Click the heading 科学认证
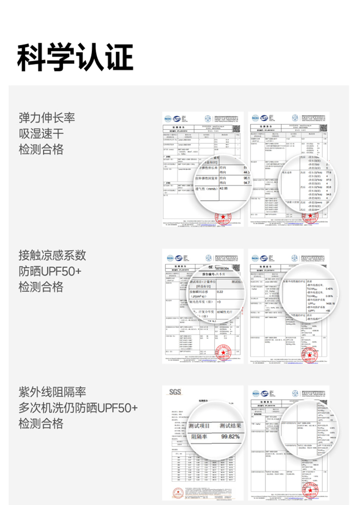point(75,58)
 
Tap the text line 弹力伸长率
point(47,118)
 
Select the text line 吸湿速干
point(41,133)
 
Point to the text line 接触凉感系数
point(52,255)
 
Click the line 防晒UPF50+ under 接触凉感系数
point(50,271)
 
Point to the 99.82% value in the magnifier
point(230,436)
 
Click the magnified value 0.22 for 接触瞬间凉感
point(220,291)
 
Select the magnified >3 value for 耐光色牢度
point(219,302)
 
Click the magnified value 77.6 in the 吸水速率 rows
point(329,172)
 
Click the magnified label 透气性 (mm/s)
point(204,189)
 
